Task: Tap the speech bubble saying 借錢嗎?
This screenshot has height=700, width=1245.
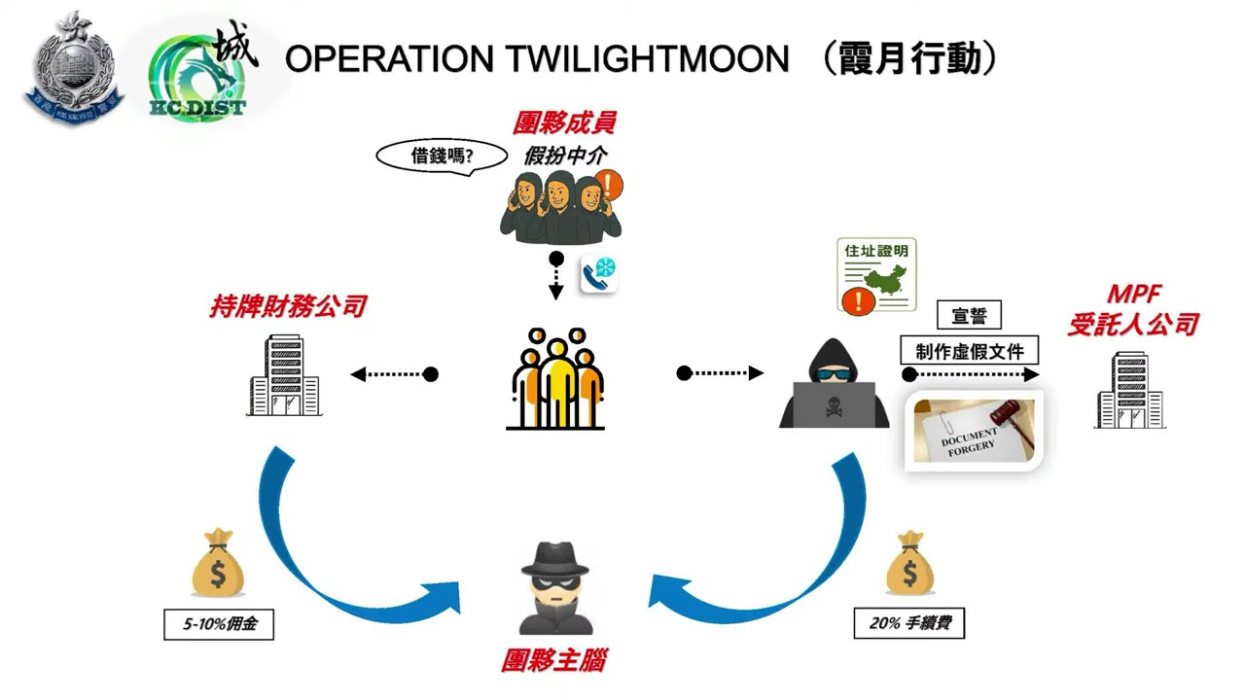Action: coord(444,156)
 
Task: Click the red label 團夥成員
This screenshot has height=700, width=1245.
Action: coord(564,122)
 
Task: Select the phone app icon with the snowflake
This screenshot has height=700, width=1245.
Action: coord(599,274)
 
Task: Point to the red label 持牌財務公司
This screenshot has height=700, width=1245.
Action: coord(288,306)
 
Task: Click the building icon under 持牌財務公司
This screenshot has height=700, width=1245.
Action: coord(283,375)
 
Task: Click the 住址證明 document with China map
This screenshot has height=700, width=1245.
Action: coord(876,275)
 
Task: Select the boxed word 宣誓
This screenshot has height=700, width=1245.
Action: coord(969,315)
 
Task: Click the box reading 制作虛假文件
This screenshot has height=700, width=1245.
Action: coord(969,351)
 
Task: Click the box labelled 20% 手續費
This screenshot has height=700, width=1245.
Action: coord(908,623)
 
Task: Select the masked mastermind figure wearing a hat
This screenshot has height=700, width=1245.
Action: coord(555,586)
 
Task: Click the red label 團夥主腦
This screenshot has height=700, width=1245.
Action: coord(554,661)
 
